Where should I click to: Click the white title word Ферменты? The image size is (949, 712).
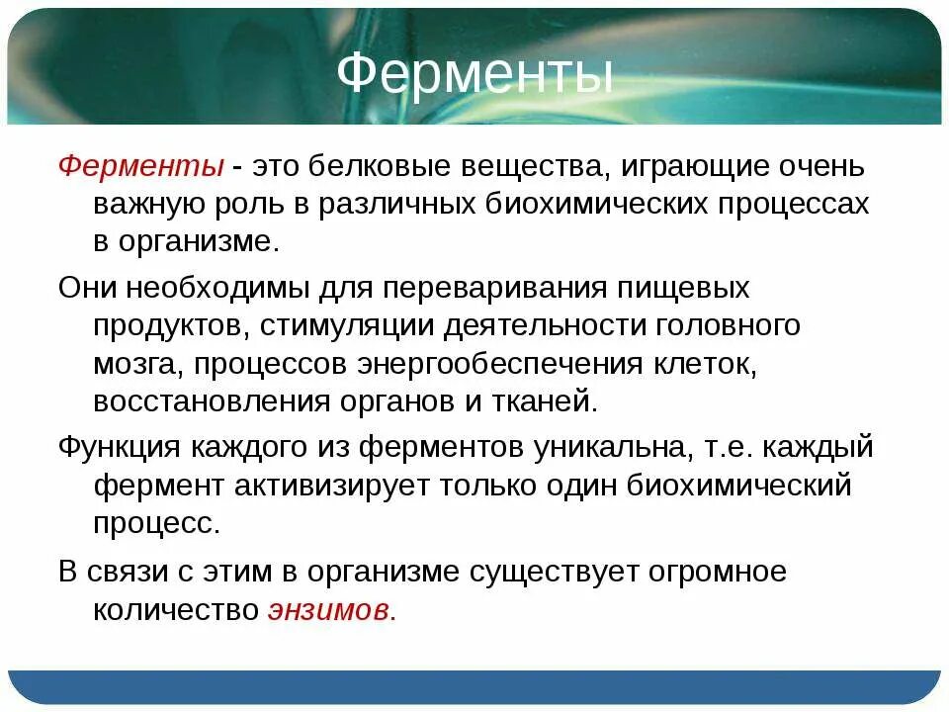[x=474, y=75]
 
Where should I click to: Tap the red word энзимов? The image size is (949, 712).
[x=330, y=610]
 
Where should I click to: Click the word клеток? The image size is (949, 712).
[x=704, y=364]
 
